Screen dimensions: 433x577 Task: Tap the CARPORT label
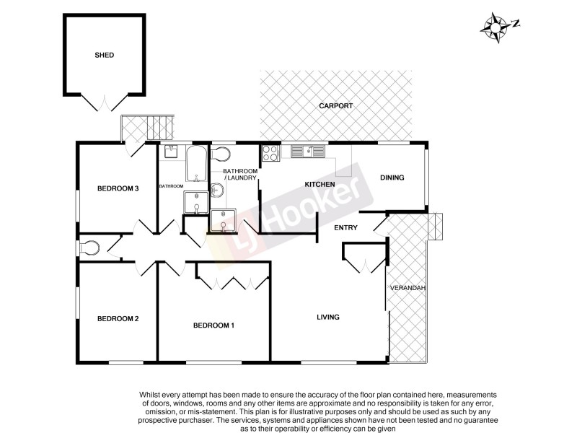pyautogui.click(x=337, y=106)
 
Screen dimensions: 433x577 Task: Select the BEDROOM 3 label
pyautogui.click(x=118, y=189)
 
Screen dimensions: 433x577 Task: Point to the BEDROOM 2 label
pyautogui.click(x=118, y=319)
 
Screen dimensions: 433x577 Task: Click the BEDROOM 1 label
pyautogui.click(x=213, y=325)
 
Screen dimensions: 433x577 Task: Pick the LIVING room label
pyautogui.click(x=328, y=317)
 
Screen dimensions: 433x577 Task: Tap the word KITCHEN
pyautogui.click(x=320, y=185)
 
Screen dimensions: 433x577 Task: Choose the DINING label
pyautogui.click(x=392, y=178)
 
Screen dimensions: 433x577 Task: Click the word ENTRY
pyautogui.click(x=345, y=228)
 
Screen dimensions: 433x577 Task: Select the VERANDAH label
pyautogui.click(x=408, y=289)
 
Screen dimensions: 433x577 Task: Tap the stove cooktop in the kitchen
pyautogui.click(x=270, y=152)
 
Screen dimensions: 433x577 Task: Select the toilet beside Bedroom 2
pyautogui.click(x=89, y=248)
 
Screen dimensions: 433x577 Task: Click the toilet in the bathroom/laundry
pyautogui.click(x=221, y=154)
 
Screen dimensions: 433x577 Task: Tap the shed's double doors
pyautogui.click(x=105, y=102)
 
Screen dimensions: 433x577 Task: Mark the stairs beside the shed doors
pyautogui.click(x=160, y=128)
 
